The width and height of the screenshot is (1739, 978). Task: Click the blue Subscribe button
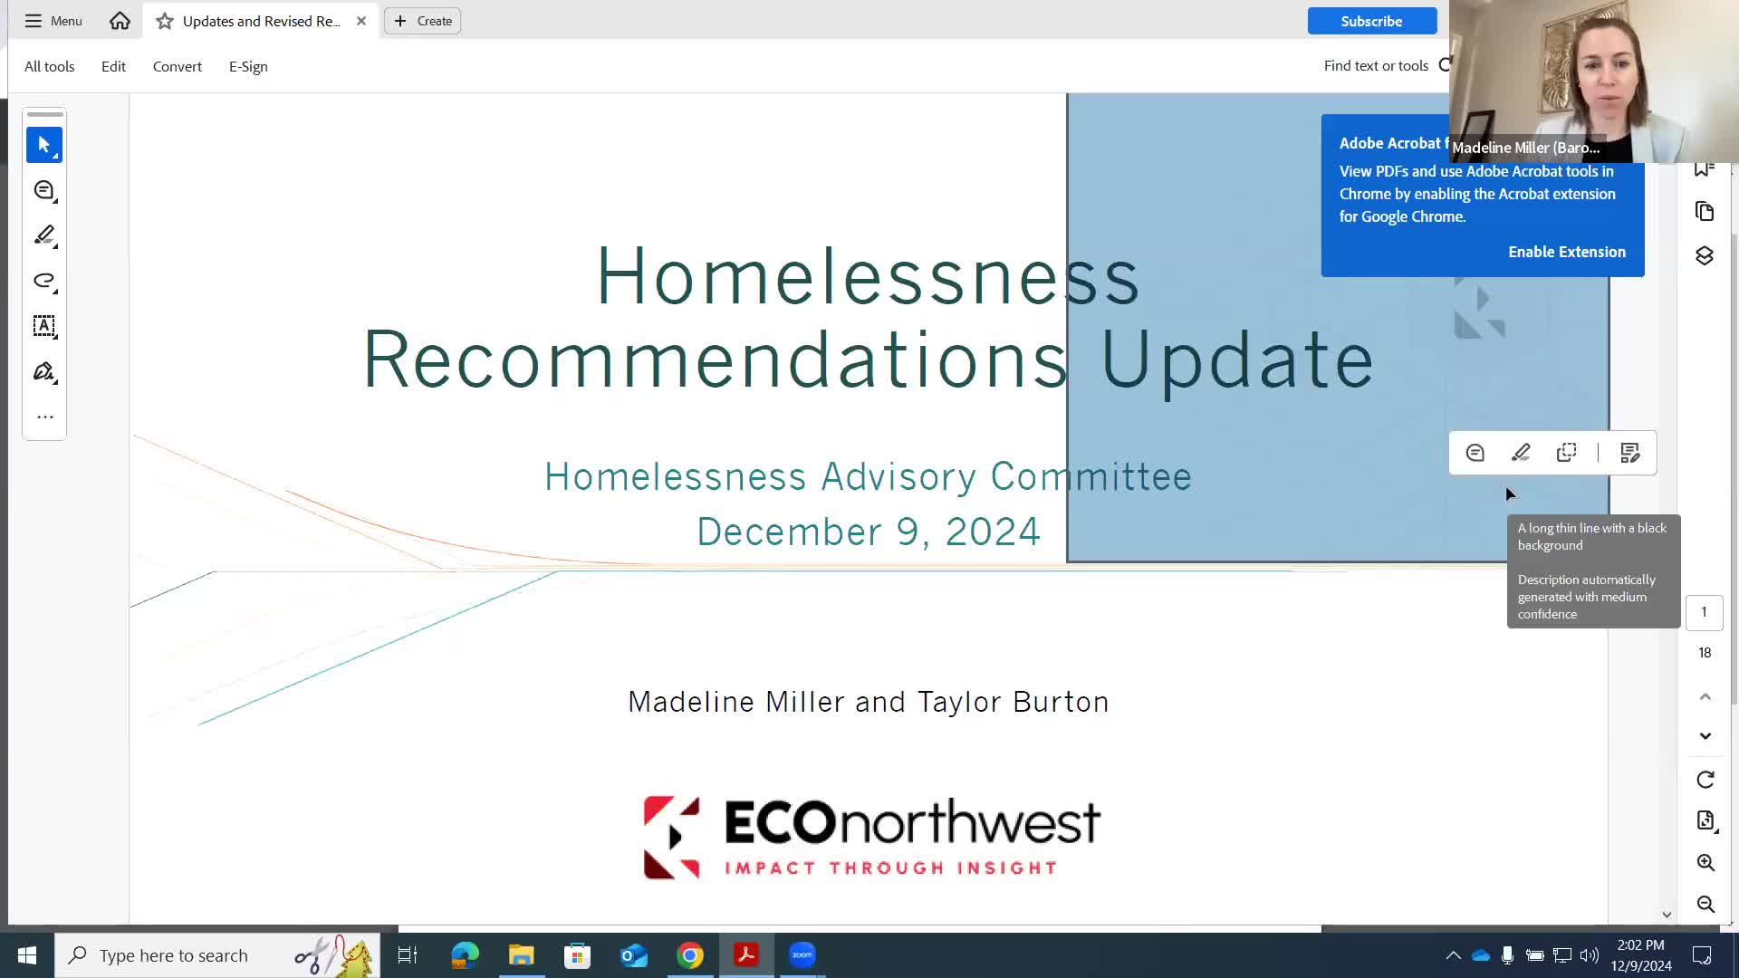1371,21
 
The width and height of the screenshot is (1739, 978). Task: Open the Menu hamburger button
53,21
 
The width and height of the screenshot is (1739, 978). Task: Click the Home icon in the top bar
120,21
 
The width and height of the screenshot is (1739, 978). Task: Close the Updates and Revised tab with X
361,21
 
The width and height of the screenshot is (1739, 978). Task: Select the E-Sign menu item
248,66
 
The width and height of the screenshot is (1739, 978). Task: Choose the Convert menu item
178,66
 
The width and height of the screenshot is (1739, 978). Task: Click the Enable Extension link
1566,252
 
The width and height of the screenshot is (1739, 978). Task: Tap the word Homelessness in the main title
867,276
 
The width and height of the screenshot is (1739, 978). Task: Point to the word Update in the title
1236,360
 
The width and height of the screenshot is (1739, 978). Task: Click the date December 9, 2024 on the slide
869,532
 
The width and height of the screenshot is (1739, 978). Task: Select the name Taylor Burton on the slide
1013,702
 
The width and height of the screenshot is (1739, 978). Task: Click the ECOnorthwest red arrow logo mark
671,837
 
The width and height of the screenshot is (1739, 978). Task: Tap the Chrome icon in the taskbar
690,955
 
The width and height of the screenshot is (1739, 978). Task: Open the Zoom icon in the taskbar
802,955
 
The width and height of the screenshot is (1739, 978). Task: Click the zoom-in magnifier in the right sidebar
1705,862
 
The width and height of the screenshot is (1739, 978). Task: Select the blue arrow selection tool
44,145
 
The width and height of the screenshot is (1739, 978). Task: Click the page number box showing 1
1704,612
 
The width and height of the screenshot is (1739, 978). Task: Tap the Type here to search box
174,955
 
